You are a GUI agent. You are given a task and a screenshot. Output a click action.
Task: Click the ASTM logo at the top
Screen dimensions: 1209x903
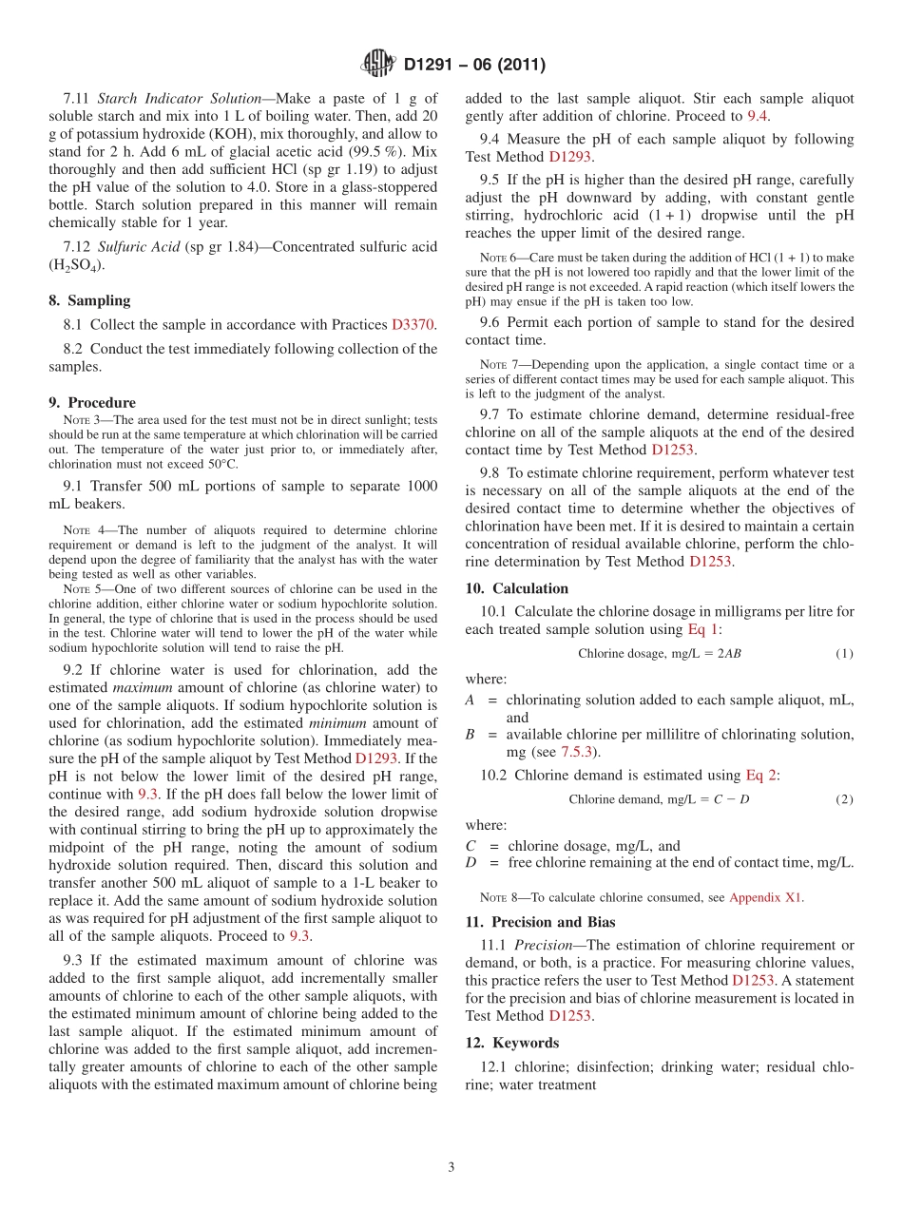coord(378,65)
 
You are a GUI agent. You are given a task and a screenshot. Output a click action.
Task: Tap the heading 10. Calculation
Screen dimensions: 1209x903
coord(516,588)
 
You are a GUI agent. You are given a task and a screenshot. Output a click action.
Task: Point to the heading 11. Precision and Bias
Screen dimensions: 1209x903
coord(540,922)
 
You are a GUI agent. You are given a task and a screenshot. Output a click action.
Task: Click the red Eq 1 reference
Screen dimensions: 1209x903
coord(703,629)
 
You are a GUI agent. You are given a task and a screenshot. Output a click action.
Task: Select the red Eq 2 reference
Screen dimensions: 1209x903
coord(761,775)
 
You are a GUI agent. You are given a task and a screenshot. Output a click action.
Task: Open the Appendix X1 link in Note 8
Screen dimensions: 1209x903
coord(765,897)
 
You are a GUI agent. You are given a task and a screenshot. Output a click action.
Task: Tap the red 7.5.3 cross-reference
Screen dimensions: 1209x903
coord(576,752)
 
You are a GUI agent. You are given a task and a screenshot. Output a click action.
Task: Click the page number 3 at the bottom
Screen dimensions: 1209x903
coord(451,1167)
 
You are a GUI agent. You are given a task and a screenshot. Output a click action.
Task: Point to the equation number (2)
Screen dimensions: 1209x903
coord(844,799)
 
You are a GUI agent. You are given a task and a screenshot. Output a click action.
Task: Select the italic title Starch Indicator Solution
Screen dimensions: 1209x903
coord(179,98)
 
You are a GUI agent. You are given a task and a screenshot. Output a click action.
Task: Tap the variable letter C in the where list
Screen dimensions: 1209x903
coord(471,846)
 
